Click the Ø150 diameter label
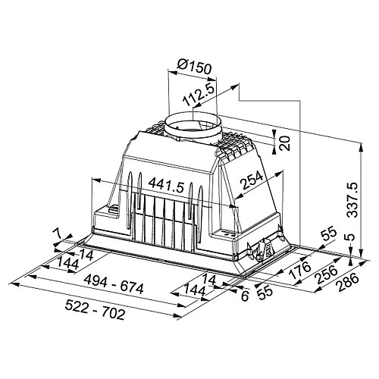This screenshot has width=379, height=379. click(194, 66)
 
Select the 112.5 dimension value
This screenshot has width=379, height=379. click(199, 94)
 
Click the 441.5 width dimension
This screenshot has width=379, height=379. click(165, 185)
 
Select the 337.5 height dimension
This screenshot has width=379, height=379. click(352, 199)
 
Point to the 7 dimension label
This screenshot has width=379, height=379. click(58, 233)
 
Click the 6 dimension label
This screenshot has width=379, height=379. click(245, 296)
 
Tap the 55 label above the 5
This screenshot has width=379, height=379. click(329, 235)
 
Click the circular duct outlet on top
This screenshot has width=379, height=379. click(193, 126)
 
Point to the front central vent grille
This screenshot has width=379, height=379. click(164, 220)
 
